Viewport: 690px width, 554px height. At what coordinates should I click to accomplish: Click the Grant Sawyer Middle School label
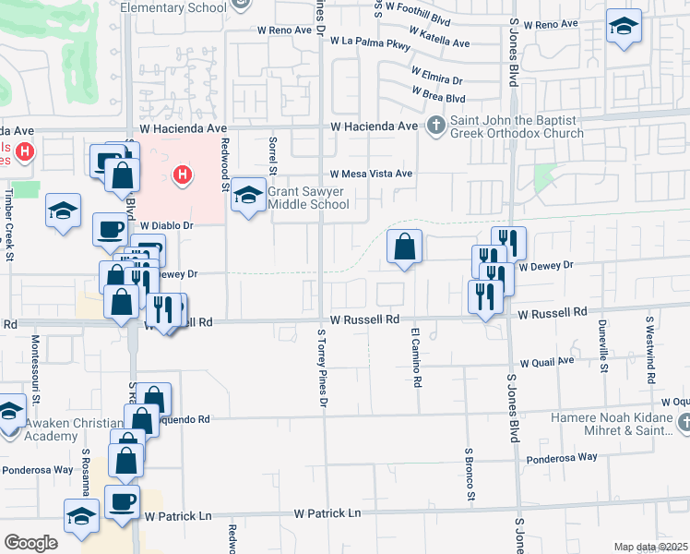308,199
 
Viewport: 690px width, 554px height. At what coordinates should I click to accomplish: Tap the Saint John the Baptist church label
517,127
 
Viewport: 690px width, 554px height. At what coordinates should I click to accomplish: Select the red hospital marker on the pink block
183,174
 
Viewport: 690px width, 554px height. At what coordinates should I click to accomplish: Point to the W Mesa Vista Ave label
371,174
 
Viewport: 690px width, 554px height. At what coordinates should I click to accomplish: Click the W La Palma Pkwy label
375,42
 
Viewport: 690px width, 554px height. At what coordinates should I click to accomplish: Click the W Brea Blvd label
439,96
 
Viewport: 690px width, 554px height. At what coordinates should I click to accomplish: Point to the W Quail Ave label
547,363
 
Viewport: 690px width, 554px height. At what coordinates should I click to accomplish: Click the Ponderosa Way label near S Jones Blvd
561,457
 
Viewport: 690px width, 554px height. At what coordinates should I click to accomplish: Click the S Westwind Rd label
649,343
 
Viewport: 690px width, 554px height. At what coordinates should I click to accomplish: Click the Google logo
30,543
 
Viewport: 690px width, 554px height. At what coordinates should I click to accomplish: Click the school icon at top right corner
625,28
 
